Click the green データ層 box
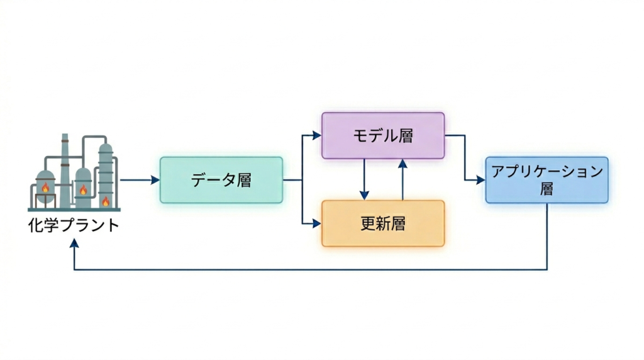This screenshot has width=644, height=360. coord(221,180)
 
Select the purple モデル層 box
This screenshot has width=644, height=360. coord(382,135)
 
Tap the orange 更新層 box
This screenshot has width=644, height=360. coord(382,223)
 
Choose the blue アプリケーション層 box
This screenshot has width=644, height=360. coord(547,180)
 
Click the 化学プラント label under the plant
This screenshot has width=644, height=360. coord(74,225)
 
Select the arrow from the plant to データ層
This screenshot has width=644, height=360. coord(140,180)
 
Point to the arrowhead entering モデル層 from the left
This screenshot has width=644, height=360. coord(316,135)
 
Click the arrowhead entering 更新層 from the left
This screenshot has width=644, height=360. coord(316,223)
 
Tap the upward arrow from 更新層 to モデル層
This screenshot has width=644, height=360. coord(402,179)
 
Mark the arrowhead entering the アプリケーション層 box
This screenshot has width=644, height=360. coord(480,180)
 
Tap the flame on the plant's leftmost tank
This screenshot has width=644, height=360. coord(45,187)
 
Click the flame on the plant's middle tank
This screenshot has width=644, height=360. coord(83,189)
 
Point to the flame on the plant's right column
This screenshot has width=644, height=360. coord(106,201)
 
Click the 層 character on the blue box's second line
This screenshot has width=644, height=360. coord(547,189)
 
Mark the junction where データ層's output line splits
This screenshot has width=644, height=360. coord(303,180)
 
